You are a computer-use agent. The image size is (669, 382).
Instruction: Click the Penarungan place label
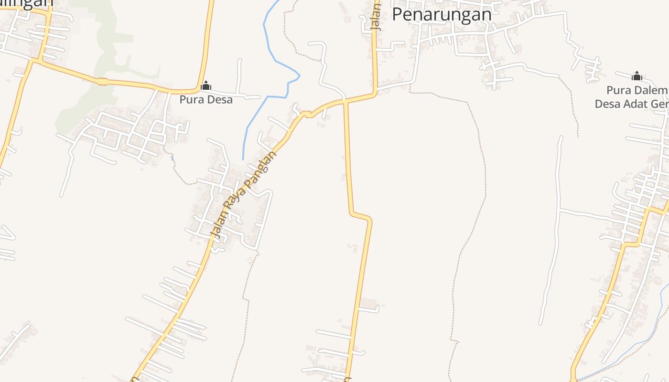click(x=442, y=14)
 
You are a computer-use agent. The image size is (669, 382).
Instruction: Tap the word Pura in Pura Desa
click(x=190, y=100)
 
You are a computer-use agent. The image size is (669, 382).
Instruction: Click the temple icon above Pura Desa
click(x=206, y=86)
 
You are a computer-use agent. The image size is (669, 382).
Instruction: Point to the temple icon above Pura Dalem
click(x=637, y=76)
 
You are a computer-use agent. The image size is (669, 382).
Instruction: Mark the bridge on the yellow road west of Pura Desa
click(x=102, y=82)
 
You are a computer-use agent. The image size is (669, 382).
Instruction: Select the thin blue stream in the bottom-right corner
click(x=640, y=344)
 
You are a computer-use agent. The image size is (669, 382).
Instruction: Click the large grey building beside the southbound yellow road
click(x=368, y=304)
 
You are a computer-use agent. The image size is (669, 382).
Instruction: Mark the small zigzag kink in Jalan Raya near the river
click(x=307, y=114)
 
